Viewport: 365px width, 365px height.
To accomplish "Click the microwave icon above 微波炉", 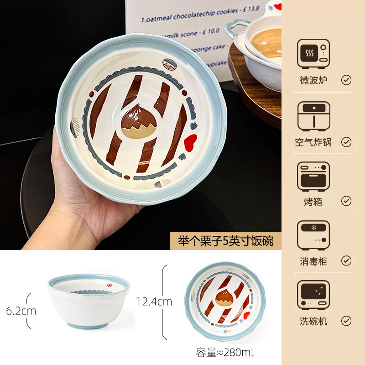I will pyautogui.click(x=313, y=54).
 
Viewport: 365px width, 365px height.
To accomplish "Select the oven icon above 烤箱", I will pyautogui.click(x=313, y=176).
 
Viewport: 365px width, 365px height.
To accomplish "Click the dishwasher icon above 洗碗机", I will pyautogui.click(x=313, y=296).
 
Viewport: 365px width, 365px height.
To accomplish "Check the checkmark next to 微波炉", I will pyautogui.click(x=346, y=80).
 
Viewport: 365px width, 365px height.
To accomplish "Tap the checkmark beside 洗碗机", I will pyautogui.click(x=346, y=321).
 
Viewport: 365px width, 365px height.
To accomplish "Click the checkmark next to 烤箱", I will pyautogui.click(x=346, y=201).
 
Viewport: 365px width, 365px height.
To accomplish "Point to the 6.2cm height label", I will pyautogui.click(x=21, y=311).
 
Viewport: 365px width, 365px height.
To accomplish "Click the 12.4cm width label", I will pyautogui.click(x=154, y=301).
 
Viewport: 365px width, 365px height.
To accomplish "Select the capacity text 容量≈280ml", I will pyautogui.click(x=224, y=352).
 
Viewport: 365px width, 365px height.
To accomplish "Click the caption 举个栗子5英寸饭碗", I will pyautogui.click(x=225, y=241).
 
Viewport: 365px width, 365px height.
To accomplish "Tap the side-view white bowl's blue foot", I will pyautogui.click(x=89, y=325).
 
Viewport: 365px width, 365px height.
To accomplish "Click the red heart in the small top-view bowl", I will pyautogui.click(x=247, y=315).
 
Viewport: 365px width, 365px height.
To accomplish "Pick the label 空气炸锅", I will pyautogui.click(x=313, y=142).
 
